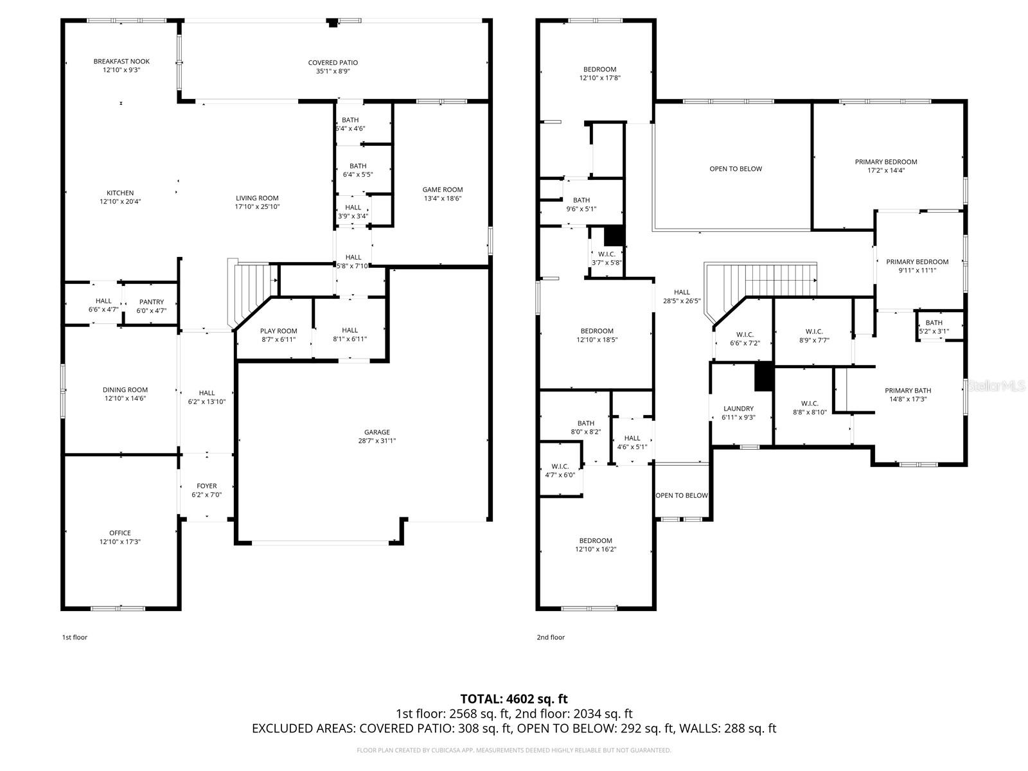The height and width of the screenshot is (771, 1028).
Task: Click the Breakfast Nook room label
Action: (121, 62)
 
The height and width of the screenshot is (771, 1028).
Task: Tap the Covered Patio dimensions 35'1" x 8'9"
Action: (332, 72)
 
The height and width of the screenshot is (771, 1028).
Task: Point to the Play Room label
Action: (278, 331)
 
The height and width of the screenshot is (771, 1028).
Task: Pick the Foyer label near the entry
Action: (206, 486)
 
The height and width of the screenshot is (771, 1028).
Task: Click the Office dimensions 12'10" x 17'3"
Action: (120, 542)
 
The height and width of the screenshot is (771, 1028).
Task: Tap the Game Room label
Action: (442, 190)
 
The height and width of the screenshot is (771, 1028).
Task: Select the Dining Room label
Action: (125, 390)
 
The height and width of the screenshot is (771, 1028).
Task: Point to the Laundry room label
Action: (738, 409)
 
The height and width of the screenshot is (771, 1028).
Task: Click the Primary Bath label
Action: (907, 391)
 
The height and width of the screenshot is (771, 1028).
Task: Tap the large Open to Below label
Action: (735, 169)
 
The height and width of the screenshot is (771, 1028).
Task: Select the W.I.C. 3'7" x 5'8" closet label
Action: (606, 254)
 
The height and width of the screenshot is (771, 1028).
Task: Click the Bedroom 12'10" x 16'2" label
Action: (595, 541)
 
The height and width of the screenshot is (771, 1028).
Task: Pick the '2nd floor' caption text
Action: (551, 637)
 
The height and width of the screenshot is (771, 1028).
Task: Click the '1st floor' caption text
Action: (75, 637)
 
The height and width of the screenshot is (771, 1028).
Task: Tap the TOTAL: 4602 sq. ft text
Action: (513, 699)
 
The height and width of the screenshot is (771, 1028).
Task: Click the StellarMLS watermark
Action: (997, 386)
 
